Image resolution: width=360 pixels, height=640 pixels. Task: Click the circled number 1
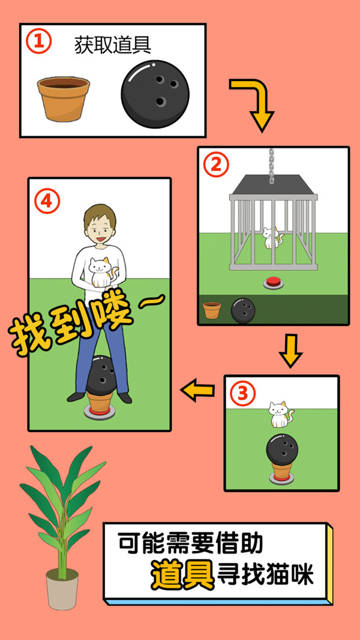click(x=39, y=42)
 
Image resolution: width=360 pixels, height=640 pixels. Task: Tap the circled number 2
click(x=217, y=165)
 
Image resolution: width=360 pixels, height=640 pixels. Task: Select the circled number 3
click(x=242, y=394)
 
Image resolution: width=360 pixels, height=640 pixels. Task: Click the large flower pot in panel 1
click(x=64, y=99)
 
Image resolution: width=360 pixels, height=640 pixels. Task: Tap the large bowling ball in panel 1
click(x=155, y=94)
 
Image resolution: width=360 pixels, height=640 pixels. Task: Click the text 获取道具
click(x=113, y=45)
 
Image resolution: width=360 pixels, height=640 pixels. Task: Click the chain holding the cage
click(x=272, y=165)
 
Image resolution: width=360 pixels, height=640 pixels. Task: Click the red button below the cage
click(x=273, y=283)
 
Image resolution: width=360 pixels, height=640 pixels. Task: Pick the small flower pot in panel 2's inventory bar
click(x=212, y=310)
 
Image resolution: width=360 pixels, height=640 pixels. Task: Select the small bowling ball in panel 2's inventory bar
click(x=244, y=310)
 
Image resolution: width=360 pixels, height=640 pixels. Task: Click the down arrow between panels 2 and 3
click(x=290, y=351)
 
